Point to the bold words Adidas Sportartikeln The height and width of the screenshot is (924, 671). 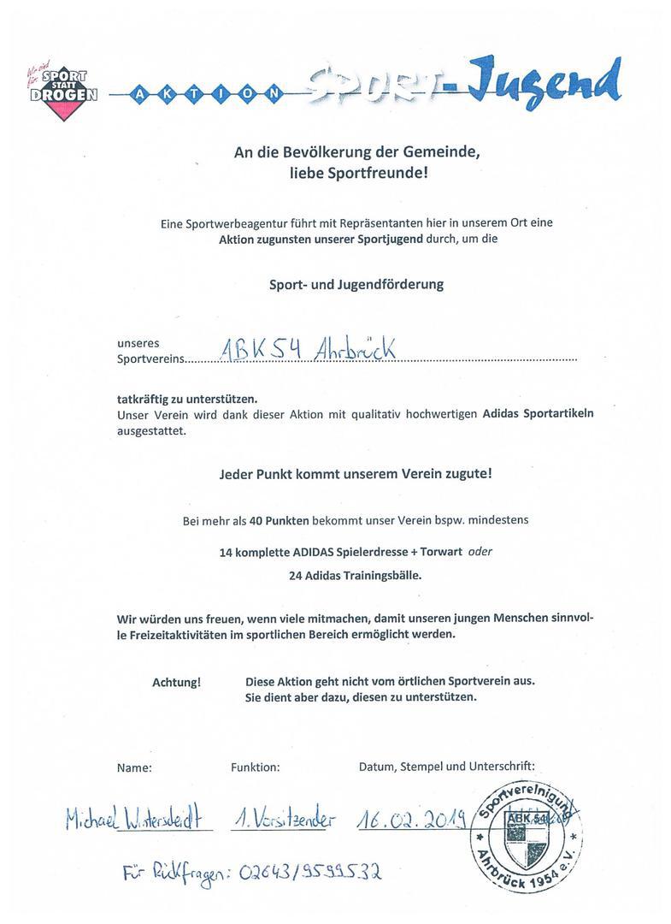pos(538,414)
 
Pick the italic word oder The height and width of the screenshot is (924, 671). pos(480,553)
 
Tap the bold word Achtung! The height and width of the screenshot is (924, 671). pos(177,682)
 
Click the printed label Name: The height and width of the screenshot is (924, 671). pos(134,767)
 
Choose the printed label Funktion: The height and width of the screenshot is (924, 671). pos(255,767)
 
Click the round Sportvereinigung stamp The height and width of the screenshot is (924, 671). pos(525,836)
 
